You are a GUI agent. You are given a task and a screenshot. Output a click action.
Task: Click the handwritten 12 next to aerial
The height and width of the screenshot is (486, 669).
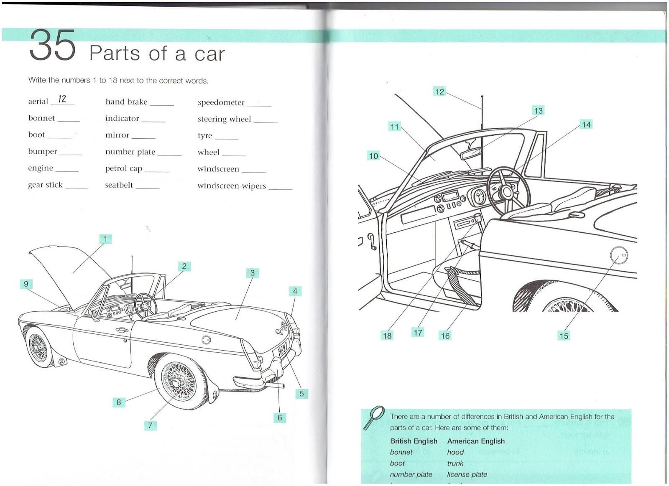coord(62,99)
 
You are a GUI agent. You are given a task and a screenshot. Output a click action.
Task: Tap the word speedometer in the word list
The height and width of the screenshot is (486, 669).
coord(221,102)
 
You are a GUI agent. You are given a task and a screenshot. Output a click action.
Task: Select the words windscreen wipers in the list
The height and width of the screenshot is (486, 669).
coord(231,186)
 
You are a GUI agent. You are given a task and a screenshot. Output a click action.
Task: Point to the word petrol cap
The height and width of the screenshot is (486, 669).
coord(124,168)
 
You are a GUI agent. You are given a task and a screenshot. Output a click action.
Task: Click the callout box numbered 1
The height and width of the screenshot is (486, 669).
coord(105,239)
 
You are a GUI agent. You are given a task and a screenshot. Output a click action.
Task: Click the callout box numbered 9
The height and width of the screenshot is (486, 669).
coord(26,284)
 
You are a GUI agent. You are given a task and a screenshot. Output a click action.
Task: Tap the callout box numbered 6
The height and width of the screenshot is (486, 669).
coord(280,417)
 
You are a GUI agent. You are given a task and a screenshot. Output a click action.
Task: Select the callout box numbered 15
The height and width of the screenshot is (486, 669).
coord(564,336)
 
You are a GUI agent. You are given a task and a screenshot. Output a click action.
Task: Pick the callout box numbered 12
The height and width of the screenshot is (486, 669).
coord(439,92)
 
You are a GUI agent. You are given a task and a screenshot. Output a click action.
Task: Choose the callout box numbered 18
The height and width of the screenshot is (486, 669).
coord(387,335)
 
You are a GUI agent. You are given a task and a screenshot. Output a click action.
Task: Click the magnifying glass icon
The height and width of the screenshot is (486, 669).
coord(374,417)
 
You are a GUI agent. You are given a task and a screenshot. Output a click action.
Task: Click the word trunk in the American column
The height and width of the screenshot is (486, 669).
coord(455,463)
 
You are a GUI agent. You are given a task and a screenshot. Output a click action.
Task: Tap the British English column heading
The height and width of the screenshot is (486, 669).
coord(414,441)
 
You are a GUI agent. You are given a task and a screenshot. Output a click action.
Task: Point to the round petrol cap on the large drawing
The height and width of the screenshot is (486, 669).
coord(619,255)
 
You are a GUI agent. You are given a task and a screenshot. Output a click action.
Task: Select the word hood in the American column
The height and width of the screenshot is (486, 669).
coord(455,452)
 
